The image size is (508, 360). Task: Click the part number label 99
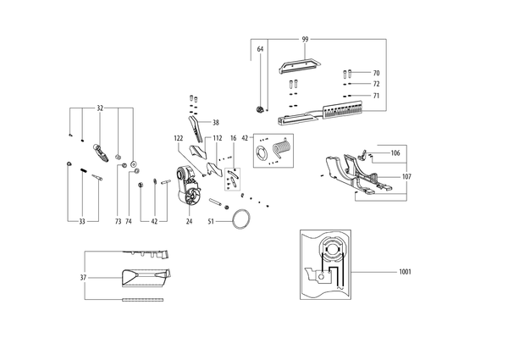click(x=305, y=40)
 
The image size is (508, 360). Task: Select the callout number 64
click(x=260, y=49)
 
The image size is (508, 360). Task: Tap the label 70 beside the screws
click(x=376, y=73)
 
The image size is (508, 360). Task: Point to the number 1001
click(x=405, y=272)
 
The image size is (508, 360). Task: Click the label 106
click(x=395, y=153)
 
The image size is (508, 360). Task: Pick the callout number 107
click(x=406, y=176)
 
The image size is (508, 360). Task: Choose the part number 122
click(x=179, y=138)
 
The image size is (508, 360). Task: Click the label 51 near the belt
click(x=211, y=222)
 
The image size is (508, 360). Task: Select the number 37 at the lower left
click(x=83, y=278)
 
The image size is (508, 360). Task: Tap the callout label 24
click(x=189, y=222)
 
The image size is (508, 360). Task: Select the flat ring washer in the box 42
click(x=261, y=152)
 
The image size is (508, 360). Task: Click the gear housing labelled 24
click(x=189, y=186)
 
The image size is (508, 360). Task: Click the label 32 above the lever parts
click(x=100, y=108)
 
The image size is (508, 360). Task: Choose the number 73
click(x=118, y=222)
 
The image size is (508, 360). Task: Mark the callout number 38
click(x=216, y=123)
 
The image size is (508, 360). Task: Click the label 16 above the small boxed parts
click(x=234, y=138)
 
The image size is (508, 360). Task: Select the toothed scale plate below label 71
click(x=342, y=109)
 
